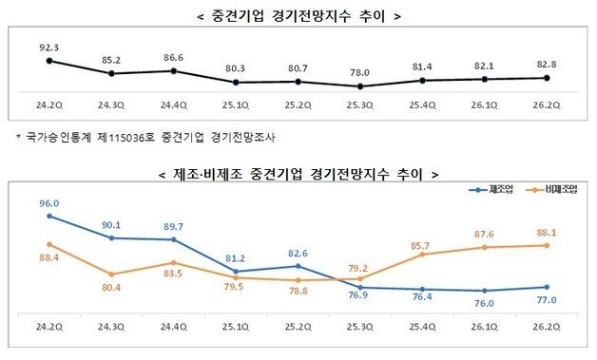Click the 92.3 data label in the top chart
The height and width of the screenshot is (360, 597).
[x=48, y=44]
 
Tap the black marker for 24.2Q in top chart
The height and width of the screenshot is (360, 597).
[x=48, y=61]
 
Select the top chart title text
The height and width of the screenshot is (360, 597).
[x=298, y=14]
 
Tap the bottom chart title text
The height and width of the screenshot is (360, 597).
[x=298, y=175]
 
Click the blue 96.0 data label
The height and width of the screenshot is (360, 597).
[x=48, y=202]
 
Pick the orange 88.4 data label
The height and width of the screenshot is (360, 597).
[x=48, y=256]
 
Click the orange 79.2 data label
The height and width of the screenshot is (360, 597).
[x=359, y=267]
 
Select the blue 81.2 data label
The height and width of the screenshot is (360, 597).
[x=235, y=256]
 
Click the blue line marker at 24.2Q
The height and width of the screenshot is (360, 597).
[x=48, y=217]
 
